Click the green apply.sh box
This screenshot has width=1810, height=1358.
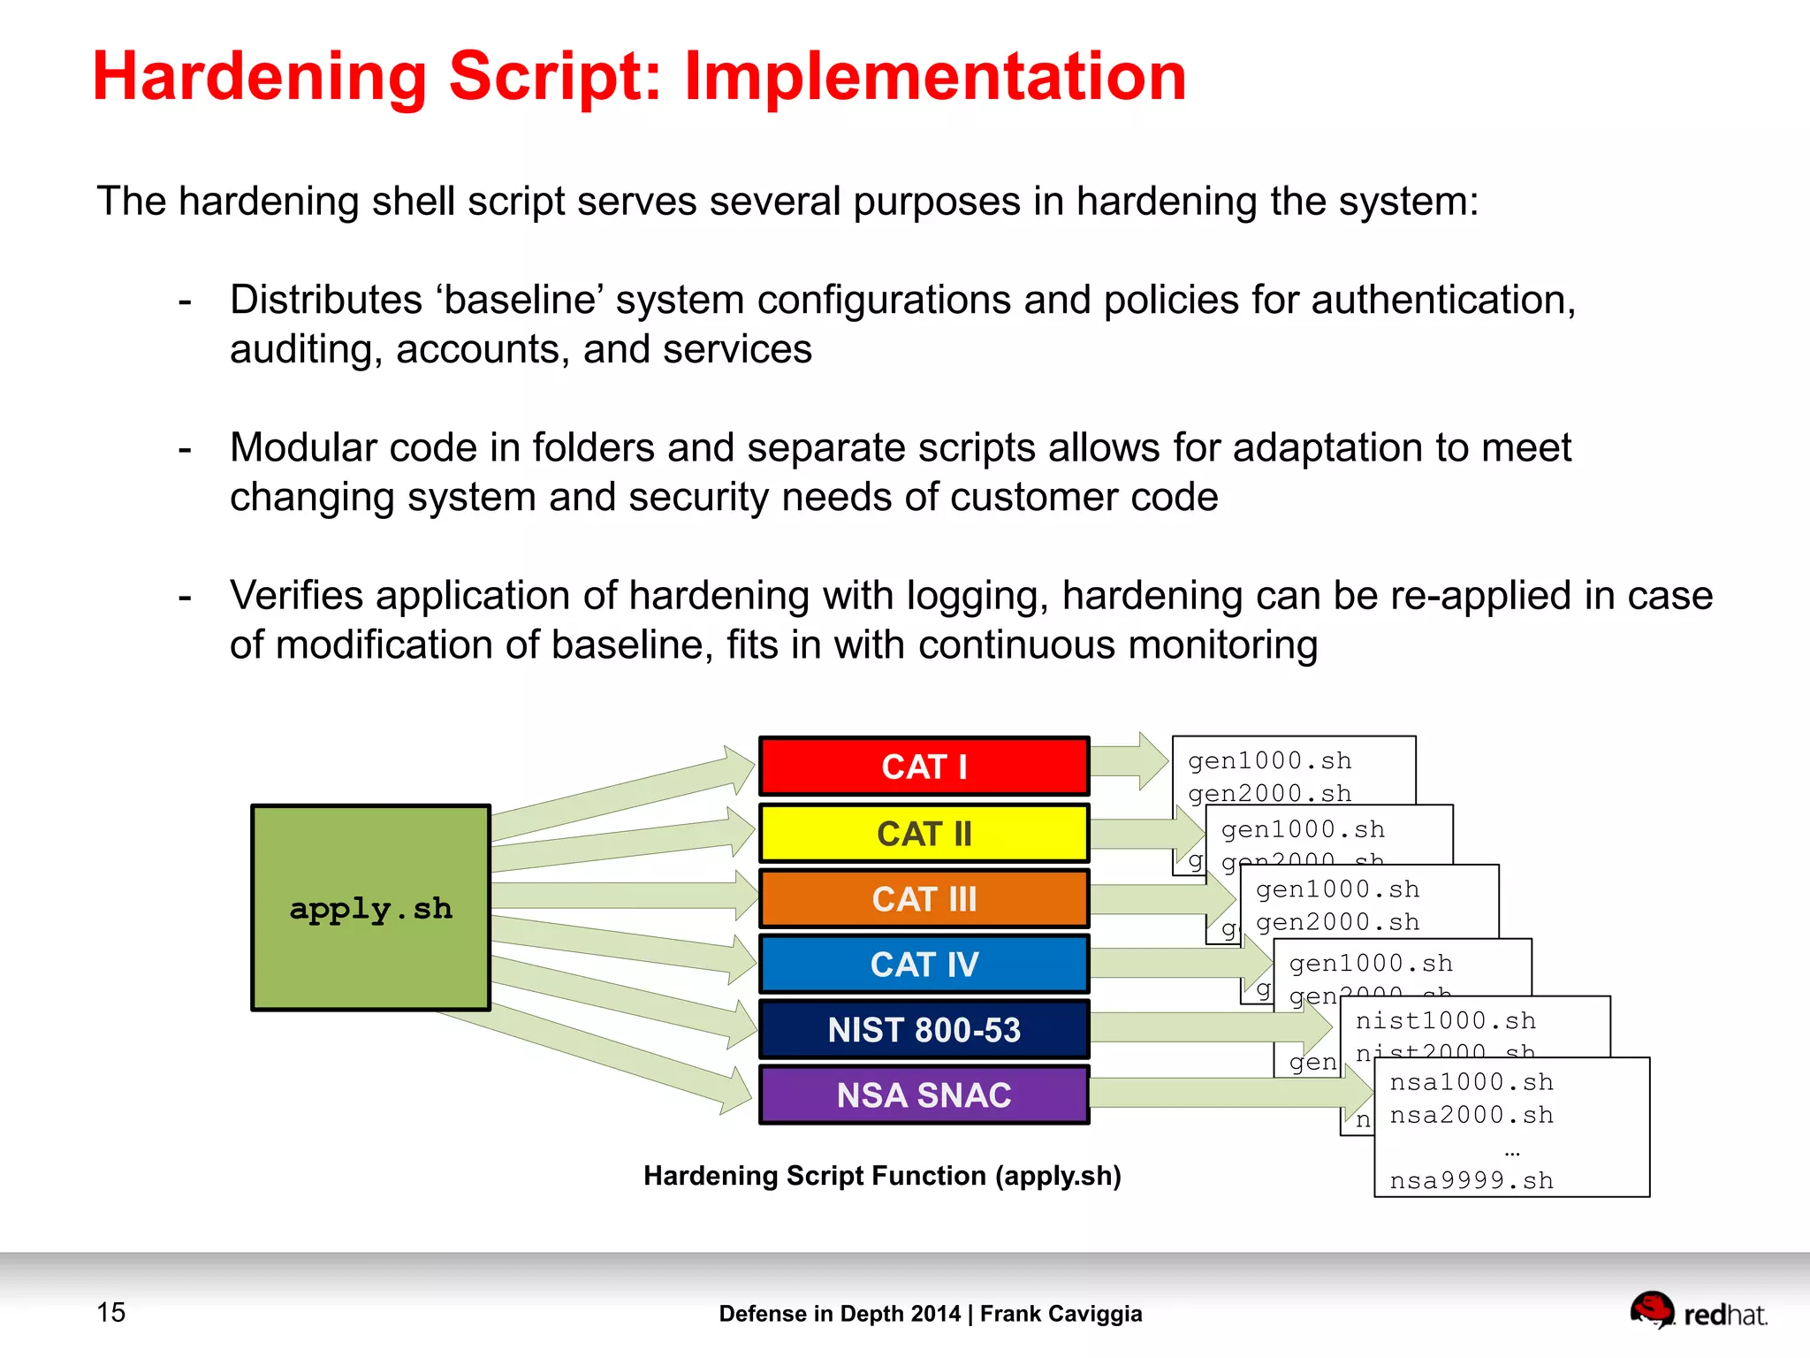tap(370, 908)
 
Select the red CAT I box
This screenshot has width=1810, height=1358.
tap(924, 767)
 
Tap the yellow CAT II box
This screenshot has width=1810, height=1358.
tap(924, 833)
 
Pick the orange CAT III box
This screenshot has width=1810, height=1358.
tap(924, 899)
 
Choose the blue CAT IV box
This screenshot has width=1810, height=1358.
tap(924, 964)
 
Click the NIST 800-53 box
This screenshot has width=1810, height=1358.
tap(924, 1030)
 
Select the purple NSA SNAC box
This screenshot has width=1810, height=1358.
tap(924, 1095)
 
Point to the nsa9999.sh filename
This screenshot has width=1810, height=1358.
tap(1471, 1180)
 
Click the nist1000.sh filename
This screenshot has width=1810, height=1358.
tap(1445, 1021)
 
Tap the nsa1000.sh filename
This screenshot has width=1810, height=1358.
tap(1471, 1082)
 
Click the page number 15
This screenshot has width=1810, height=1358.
tap(111, 1312)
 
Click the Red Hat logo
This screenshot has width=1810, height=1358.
tap(1697, 1312)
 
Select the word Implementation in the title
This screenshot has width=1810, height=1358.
tap(934, 77)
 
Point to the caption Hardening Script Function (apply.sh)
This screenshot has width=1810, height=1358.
tap(882, 1176)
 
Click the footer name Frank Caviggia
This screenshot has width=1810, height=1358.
tap(1061, 1314)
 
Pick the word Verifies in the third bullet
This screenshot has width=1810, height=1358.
tap(296, 595)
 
